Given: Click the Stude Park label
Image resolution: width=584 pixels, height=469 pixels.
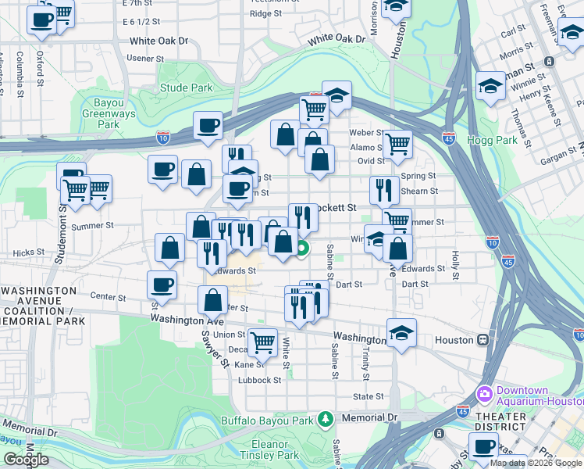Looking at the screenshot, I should [x=186, y=88].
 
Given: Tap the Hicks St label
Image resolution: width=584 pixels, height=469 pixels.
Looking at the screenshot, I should [x=29, y=253].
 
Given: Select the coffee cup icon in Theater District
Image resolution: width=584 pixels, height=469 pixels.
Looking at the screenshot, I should [x=484, y=446].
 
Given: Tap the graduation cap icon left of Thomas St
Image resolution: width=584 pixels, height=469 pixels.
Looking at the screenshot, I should [x=490, y=85].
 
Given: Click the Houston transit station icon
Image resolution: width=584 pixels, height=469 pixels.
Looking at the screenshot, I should [x=484, y=340].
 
